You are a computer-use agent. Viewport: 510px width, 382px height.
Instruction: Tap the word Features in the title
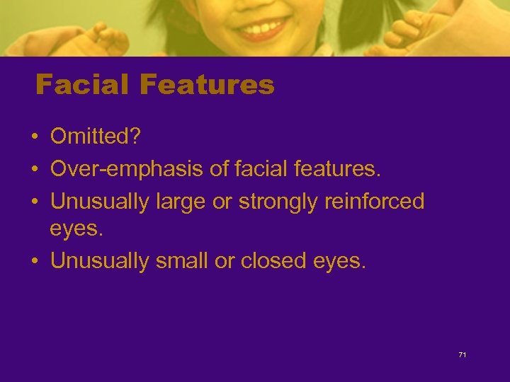pos(207,86)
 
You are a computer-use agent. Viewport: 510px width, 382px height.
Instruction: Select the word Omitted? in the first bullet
pos(96,137)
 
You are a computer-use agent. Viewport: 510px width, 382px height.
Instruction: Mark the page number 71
pos(463,354)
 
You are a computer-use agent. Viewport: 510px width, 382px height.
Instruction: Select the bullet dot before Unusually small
pos(33,262)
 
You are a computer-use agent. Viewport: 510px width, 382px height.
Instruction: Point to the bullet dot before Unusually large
pos(33,203)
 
